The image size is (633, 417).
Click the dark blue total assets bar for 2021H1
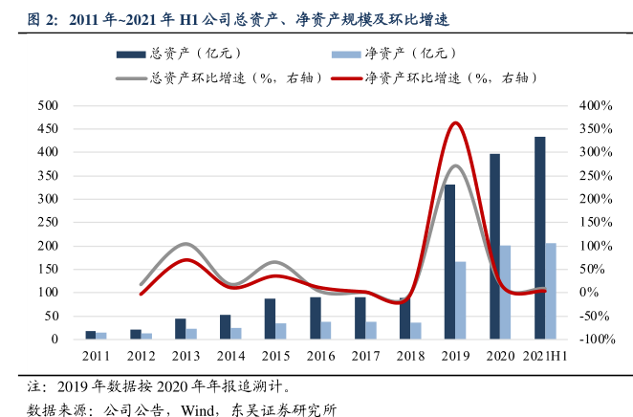(x=540, y=238)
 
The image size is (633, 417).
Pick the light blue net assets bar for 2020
(x=506, y=293)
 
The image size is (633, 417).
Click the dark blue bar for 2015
(x=270, y=319)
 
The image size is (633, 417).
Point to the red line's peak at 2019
(x=456, y=123)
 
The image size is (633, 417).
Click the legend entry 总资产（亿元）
(x=163, y=54)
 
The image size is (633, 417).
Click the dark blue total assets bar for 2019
(x=449, y=262)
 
